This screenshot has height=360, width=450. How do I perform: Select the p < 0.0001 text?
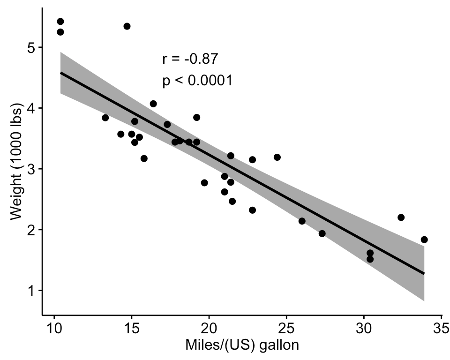(x=197, y=81)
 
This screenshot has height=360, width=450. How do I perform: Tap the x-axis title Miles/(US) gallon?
(x=242, y=345)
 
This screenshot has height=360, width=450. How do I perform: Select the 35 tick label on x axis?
(x=441, y=327)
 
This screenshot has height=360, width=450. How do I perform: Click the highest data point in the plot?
(x=60, y=22)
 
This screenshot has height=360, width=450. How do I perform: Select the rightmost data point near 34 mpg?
(x=424, y=240)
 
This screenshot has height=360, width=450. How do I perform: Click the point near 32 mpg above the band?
(x=401, y=217)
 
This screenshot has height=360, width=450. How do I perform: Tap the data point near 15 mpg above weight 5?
(x=127, y=26)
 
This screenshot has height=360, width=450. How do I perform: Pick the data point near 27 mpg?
(x=322, y=233)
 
